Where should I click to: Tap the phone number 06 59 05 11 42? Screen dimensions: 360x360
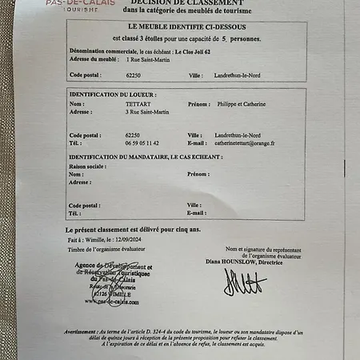coord(142,143)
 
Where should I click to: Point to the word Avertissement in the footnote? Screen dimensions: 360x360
coord(84,330)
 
